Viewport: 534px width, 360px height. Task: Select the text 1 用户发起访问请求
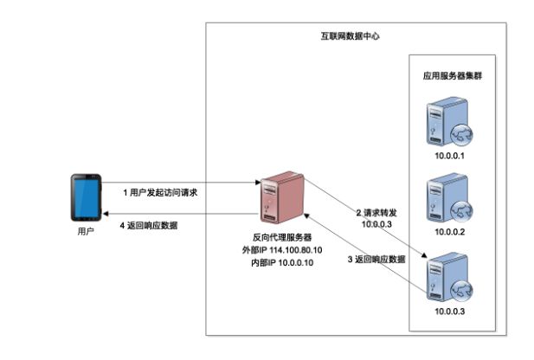point(161,191)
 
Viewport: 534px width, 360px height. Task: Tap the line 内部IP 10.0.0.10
point(277,262)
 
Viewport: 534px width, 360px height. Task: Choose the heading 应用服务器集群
point(451,76)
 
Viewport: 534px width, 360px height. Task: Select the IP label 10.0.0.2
point(450,232)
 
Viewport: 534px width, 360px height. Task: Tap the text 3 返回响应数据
point(376,259)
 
